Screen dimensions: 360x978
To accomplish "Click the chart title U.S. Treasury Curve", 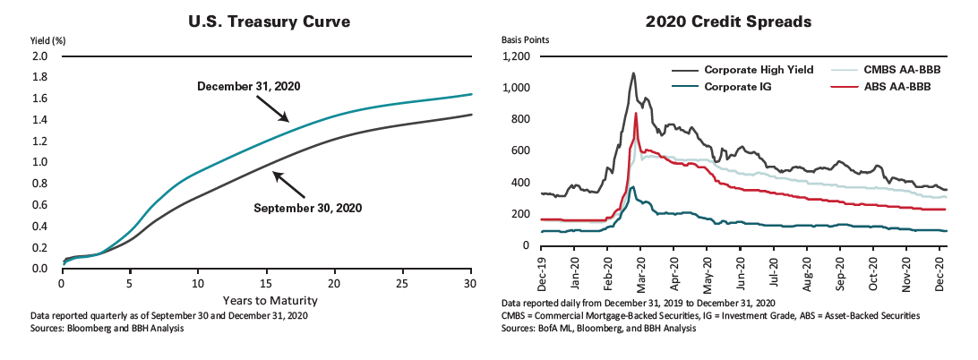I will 267,21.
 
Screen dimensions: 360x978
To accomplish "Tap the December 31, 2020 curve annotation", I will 248,87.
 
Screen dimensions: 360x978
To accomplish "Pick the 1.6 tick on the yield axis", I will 39,99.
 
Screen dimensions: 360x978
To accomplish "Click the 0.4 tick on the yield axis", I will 39,226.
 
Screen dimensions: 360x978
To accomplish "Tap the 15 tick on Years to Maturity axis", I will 267,284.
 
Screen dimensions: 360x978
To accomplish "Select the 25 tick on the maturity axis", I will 403,284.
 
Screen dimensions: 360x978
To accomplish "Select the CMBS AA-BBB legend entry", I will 905,69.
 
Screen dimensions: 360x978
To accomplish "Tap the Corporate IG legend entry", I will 737,87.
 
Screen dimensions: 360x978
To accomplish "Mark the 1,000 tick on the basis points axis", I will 518,88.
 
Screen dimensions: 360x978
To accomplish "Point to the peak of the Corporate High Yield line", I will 633,73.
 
